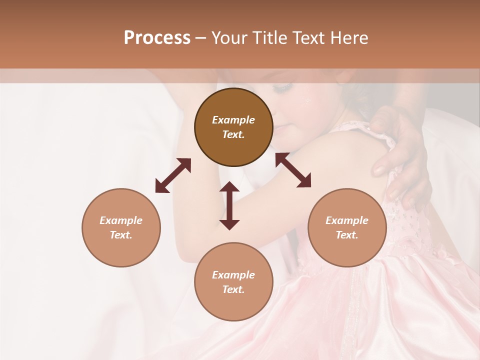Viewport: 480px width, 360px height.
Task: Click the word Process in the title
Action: [x=157, y=38]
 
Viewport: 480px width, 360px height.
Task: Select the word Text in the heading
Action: [x=309, y=38]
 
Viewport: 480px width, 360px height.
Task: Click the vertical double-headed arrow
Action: [x=229, y=205]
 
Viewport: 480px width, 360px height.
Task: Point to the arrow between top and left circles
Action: [x=173, y=175]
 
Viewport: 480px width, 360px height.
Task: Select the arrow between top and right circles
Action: [x=293, y=170]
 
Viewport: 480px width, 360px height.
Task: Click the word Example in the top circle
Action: [x=233, y=120]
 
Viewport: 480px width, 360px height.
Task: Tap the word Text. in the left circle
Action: [x=121, y=235]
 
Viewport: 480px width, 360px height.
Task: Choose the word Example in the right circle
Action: [x=347, y=220]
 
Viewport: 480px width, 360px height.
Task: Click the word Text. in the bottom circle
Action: [x=233, y=289]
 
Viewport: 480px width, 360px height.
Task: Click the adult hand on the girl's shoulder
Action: [x=400, y=145]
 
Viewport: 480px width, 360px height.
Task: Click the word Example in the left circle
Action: [x=121, y=220]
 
